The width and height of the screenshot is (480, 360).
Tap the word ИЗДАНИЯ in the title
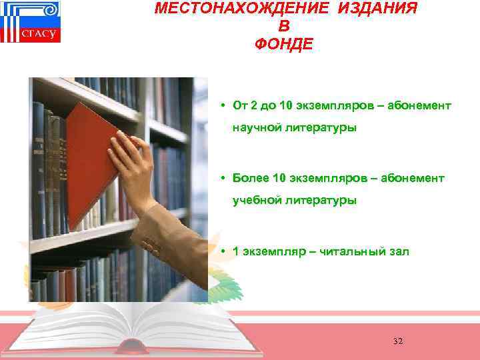[382, 9]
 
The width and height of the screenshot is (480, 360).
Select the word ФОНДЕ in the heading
[283, 45]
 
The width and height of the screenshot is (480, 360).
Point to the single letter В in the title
[284, 27]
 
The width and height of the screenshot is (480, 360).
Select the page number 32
[398, 341]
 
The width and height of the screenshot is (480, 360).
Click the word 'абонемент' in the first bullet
[419, 106]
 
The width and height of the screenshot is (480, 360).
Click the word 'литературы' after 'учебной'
[321, 200]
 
